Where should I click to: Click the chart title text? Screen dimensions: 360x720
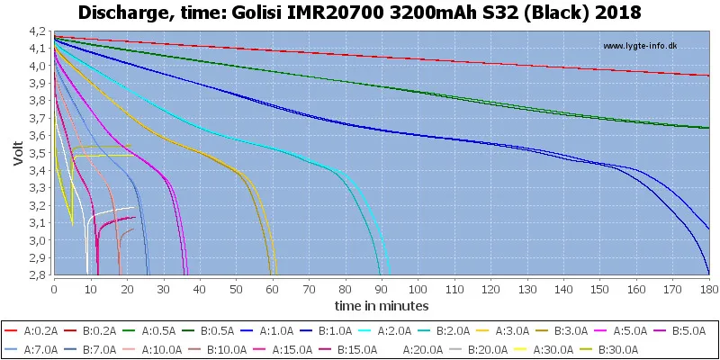click(x=360, y=13)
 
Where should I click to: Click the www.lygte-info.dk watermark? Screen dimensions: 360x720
click(x=640, y=46)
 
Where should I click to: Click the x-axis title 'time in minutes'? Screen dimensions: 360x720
click(x=382, y=306)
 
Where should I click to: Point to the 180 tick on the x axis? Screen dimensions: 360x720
click(x=708, y=290)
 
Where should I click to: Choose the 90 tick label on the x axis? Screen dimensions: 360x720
click(x=382, y=290)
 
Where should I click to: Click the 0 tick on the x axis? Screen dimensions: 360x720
click(x=55, y=290)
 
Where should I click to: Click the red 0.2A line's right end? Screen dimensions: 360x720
click(x=708, y=76)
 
